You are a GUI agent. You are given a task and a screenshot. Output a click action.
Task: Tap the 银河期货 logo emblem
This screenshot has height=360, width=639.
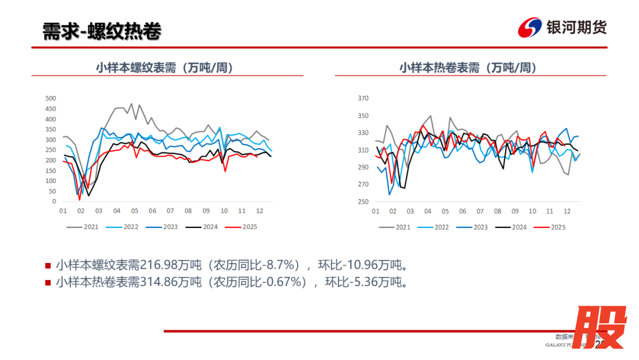(x=530, y=28)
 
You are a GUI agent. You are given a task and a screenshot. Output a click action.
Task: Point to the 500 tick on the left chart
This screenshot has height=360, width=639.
(x=50, y=98)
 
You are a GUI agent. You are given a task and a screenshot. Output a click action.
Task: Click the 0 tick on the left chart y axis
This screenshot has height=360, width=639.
(x=54, y=201)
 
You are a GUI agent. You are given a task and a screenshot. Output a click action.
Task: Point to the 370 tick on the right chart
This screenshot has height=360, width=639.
(x=363, y=98)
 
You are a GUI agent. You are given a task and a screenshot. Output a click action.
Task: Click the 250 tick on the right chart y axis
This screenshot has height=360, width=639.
(x=363, y=201)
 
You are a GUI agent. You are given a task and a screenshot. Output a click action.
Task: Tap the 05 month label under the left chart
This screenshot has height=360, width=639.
(x=134, y=211)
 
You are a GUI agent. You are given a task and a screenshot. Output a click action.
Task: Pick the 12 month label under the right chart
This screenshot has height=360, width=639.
(x=567, y=211)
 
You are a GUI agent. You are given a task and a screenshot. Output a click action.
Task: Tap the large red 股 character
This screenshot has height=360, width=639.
(x=602, y=327)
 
